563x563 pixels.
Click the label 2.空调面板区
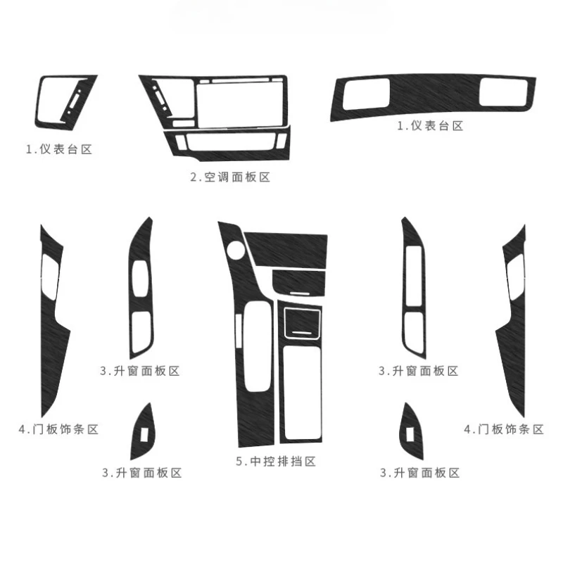(230, 177)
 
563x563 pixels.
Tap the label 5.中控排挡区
(276, 462)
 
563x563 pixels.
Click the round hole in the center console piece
(236, 250)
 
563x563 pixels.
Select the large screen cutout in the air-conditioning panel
(240, 105)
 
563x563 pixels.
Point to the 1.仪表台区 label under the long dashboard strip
(430, 126)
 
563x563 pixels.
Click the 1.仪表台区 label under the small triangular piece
(59, 149)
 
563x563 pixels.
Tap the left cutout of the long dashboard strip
(366, 94)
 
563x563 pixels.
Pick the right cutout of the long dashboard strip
(503, 92)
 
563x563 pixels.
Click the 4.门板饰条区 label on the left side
(58, 429)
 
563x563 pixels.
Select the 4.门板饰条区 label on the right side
(504, 429)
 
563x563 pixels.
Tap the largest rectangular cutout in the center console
(302, 393)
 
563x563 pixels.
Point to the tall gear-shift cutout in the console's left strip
(258, 346)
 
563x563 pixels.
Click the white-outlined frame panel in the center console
(302, 323)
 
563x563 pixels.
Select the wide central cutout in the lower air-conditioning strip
(231, 143)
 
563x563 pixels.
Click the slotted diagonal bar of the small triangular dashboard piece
(76, 99)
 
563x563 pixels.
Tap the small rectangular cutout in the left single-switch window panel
(145, 434)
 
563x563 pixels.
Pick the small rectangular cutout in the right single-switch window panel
(410, 434)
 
